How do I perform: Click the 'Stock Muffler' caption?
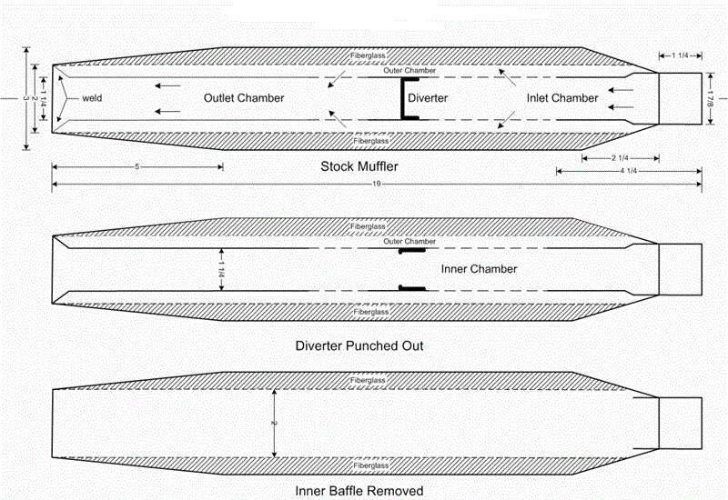pos(359,166)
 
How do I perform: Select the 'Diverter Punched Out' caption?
pos(359,345)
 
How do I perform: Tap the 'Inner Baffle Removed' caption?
pos(359,490)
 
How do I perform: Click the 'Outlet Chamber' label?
pos(244,98)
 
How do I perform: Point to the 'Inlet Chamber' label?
pos(561,98)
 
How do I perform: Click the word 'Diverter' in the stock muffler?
pos(428,98)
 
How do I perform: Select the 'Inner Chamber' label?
pos(479,269)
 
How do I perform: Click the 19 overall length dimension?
pos(375,185)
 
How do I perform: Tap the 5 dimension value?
pos(136,167)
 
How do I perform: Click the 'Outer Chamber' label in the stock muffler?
pos(409,71)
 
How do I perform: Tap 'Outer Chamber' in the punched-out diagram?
pos(409,242)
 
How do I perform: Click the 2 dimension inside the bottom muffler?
pos(274,423)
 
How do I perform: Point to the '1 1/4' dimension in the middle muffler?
pos(220,269)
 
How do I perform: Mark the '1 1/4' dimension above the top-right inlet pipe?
pos(681,56)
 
